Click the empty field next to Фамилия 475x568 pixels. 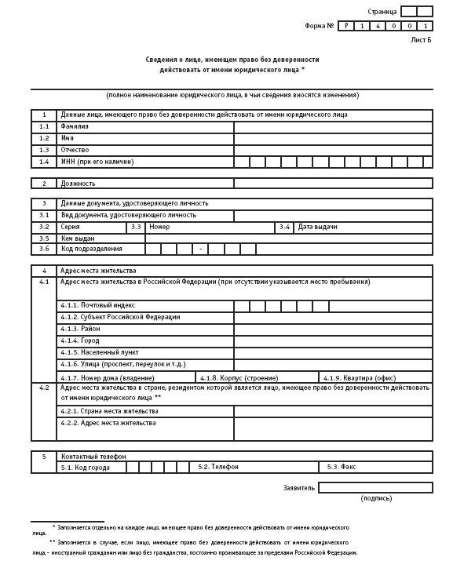333,126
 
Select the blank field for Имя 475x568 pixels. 333,138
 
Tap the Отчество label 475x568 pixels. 75,150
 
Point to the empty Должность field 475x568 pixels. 333,184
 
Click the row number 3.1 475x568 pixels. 44,215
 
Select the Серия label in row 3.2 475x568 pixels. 71,227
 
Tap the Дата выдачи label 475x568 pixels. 318,227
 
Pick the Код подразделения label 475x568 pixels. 92,249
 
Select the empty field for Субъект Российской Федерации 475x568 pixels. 333,317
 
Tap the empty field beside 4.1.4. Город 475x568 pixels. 333,341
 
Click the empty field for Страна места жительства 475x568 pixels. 333,411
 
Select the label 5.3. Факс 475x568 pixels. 343,467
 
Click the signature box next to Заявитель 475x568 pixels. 375,487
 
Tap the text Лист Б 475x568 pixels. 421,39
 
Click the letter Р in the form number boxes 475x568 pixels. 347,26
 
